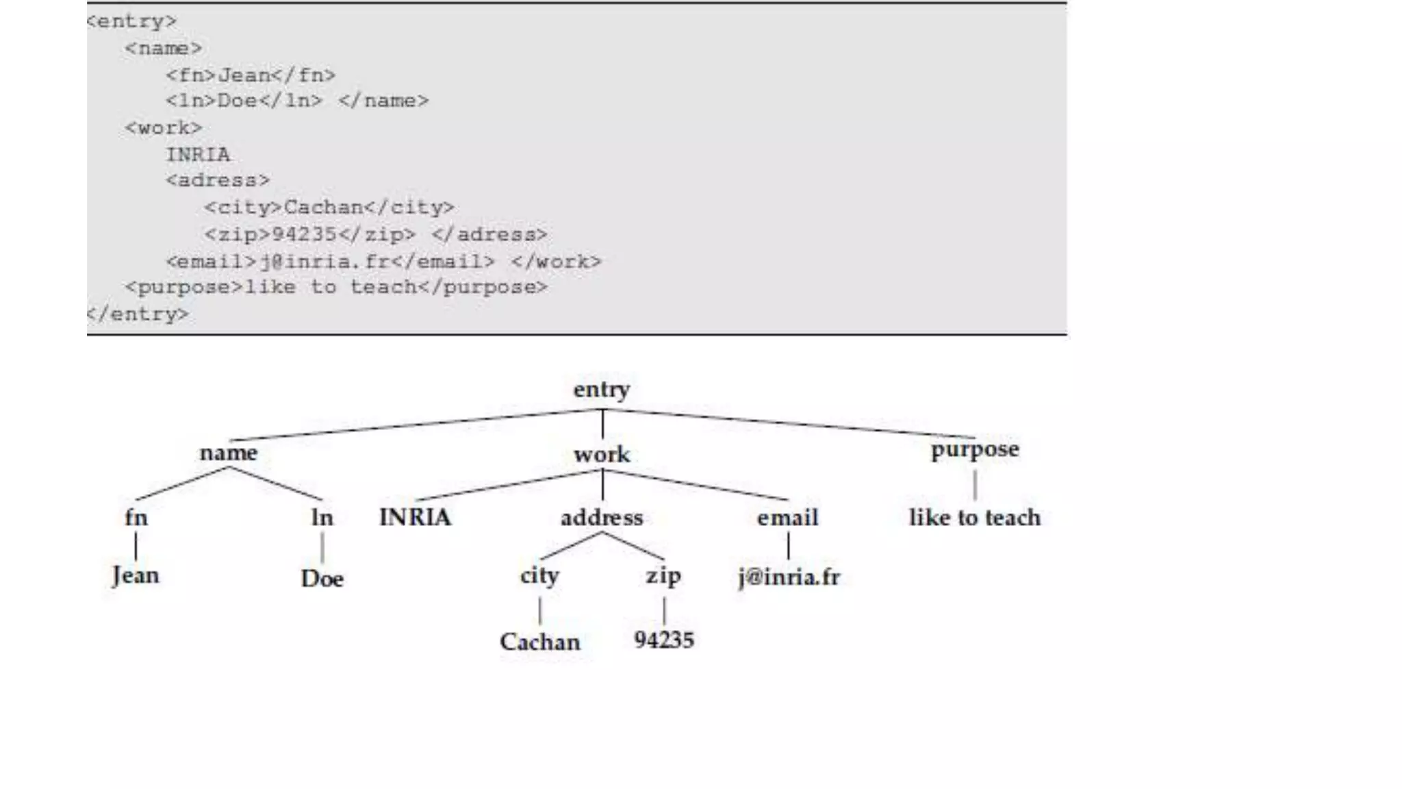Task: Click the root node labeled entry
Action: [x=602, y=390]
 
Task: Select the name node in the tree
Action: [x=229, y=453]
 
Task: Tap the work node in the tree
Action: [x=602, y=454]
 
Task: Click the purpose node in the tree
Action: [x=975, y=450]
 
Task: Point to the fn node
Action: [x=136, y=517]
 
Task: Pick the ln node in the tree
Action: [x=322, y=518]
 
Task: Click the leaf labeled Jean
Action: [x=136, y=575]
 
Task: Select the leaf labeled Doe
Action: [x=322, y=579]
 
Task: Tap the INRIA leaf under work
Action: [x=415, y=517]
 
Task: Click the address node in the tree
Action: [x=602, y=518]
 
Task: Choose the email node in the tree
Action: [x=787, y=518]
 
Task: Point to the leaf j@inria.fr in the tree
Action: [x=789, y=577]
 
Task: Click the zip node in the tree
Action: [x=663, y=575]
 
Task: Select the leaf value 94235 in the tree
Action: [x=664, y=640]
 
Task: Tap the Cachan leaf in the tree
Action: [x=539, y=642]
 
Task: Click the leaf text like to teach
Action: [x=975, y=518]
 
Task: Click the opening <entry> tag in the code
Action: [x=131, y=21]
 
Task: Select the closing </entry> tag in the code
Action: [x=137, y=314]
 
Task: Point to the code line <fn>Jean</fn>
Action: [x=251, y=75]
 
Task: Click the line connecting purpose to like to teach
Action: [x=975, y=485]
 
